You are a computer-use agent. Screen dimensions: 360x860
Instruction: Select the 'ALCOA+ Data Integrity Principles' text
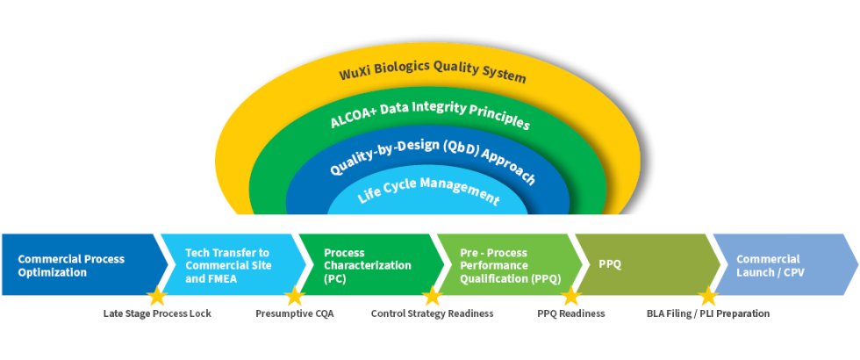(x=430, y=114)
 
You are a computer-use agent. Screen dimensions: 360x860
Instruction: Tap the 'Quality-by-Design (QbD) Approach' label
(x=432, y=158)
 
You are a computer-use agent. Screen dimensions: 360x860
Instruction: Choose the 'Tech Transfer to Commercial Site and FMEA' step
(x=228, y=265)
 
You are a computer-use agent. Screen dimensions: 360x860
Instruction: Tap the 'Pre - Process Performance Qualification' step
(x=505, y=265)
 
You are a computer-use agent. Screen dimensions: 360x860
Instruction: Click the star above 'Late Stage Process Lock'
(x=156, y=296)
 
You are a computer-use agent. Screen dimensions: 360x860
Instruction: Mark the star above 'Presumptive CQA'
(x=294, y=296)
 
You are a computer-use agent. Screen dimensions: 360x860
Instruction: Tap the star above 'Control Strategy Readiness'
(x=432, y=296)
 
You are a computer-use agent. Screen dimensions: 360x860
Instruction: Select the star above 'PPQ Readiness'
(x=570, y=296)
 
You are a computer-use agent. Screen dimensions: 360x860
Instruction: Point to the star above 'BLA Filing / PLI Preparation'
(x=708, y=296)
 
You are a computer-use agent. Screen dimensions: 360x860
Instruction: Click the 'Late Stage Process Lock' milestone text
(x=157, y=313)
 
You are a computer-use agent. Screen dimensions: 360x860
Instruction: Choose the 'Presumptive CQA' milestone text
(x=295, y=313)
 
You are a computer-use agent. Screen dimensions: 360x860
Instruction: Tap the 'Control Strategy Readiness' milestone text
(x=432, y=313)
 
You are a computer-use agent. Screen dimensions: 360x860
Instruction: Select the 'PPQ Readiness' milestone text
(x=570, y=313)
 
